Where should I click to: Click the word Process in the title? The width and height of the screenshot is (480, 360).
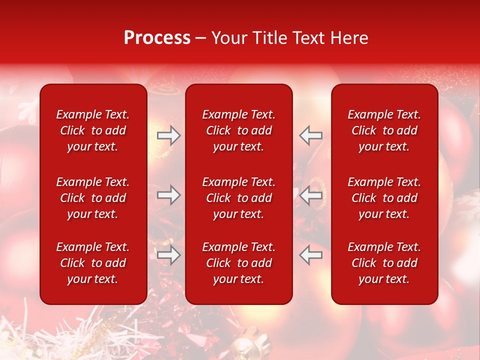point(157,38)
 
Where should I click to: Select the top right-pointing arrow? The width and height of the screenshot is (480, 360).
point(168,135)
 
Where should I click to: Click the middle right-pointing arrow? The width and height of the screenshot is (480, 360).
point(168,195)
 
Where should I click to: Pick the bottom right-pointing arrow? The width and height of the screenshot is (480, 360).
point(168,255)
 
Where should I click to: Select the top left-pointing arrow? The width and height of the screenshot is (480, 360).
point(311,135)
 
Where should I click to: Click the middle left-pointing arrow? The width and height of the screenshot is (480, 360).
point(311,195)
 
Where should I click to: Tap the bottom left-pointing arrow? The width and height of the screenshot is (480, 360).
point(311,255)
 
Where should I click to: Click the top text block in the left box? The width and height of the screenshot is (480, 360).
point(93,130)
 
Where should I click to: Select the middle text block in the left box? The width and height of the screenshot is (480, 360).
point(93,198)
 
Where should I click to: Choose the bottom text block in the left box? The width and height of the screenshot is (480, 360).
point(93,263)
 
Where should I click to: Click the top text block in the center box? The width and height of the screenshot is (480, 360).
point(238,130)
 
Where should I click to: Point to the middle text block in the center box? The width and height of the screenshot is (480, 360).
point(238,198)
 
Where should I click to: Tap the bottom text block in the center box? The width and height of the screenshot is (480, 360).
point(238,263)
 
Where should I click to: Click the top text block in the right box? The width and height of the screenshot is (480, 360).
point(384,130)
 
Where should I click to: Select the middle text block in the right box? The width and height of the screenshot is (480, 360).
point(384,198)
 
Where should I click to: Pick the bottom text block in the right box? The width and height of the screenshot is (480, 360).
point(384,263)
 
